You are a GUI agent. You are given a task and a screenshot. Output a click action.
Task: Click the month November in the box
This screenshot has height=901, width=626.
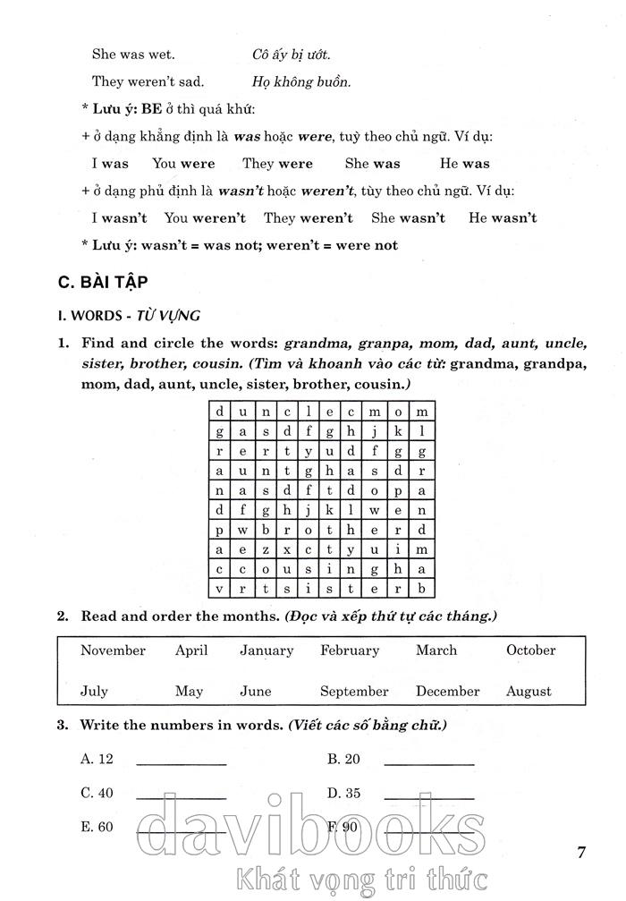pos(113,650)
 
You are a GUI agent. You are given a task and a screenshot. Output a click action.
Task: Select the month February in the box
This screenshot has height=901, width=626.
pos(350,650)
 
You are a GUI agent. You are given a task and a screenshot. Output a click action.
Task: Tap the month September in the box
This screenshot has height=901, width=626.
pos(354,691)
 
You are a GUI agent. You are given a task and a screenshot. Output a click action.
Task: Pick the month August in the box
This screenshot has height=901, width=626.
pos(529,691)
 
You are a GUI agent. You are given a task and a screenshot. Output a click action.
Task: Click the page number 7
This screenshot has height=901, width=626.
pos(581,853)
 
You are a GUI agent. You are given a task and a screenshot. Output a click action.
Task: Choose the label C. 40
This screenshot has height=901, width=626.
pos(97,793)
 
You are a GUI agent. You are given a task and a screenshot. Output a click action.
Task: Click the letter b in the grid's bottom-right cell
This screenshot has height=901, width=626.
pos(422,588)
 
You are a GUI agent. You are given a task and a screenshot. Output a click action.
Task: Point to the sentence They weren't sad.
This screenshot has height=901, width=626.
pos(148,81)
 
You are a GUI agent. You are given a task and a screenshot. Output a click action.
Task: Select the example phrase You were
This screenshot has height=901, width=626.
pos(183,164)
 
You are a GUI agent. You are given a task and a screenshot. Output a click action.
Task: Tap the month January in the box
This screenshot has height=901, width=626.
pos(266,650)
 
